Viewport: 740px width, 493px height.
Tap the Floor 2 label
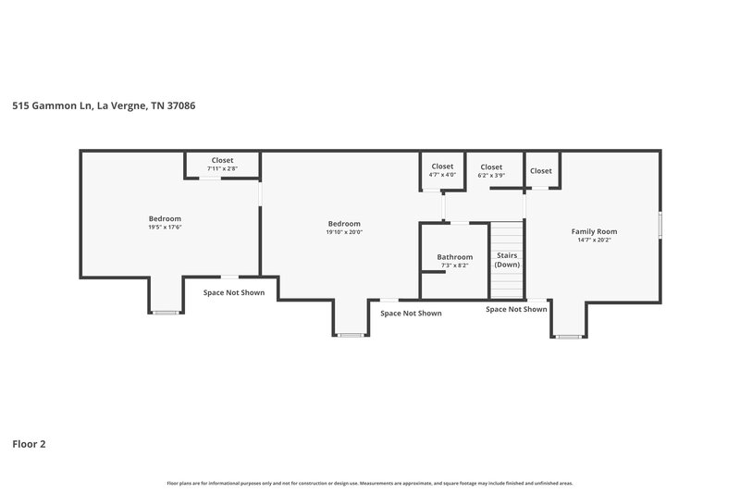click(x=29, y=444)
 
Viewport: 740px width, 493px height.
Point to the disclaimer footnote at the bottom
click(x=370, y=483)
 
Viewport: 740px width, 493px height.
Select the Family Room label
click(x=594, y=231)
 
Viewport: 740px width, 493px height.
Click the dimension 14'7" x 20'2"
click(x=594, y=240)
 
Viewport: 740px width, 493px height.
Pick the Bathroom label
click(x=454, y=257)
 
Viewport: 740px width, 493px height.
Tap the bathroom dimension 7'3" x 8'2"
click(x=454, y=265)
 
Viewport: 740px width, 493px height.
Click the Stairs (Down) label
click(x=507, y=260)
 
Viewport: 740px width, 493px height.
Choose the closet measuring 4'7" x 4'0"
click(x=442, y=170)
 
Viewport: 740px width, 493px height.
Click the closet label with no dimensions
click(x=541, y=170)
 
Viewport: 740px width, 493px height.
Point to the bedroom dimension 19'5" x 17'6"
click(x=165, y=228)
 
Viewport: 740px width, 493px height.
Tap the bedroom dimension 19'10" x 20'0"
click(x=344, y=232)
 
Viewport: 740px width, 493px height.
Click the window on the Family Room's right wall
click(x=660, y=227)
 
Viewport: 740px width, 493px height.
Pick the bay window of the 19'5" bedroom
click(x=166, y=313)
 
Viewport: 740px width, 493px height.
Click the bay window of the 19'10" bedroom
click(x=350, y=335)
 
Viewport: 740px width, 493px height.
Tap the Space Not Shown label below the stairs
click(x=516, y=310)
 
